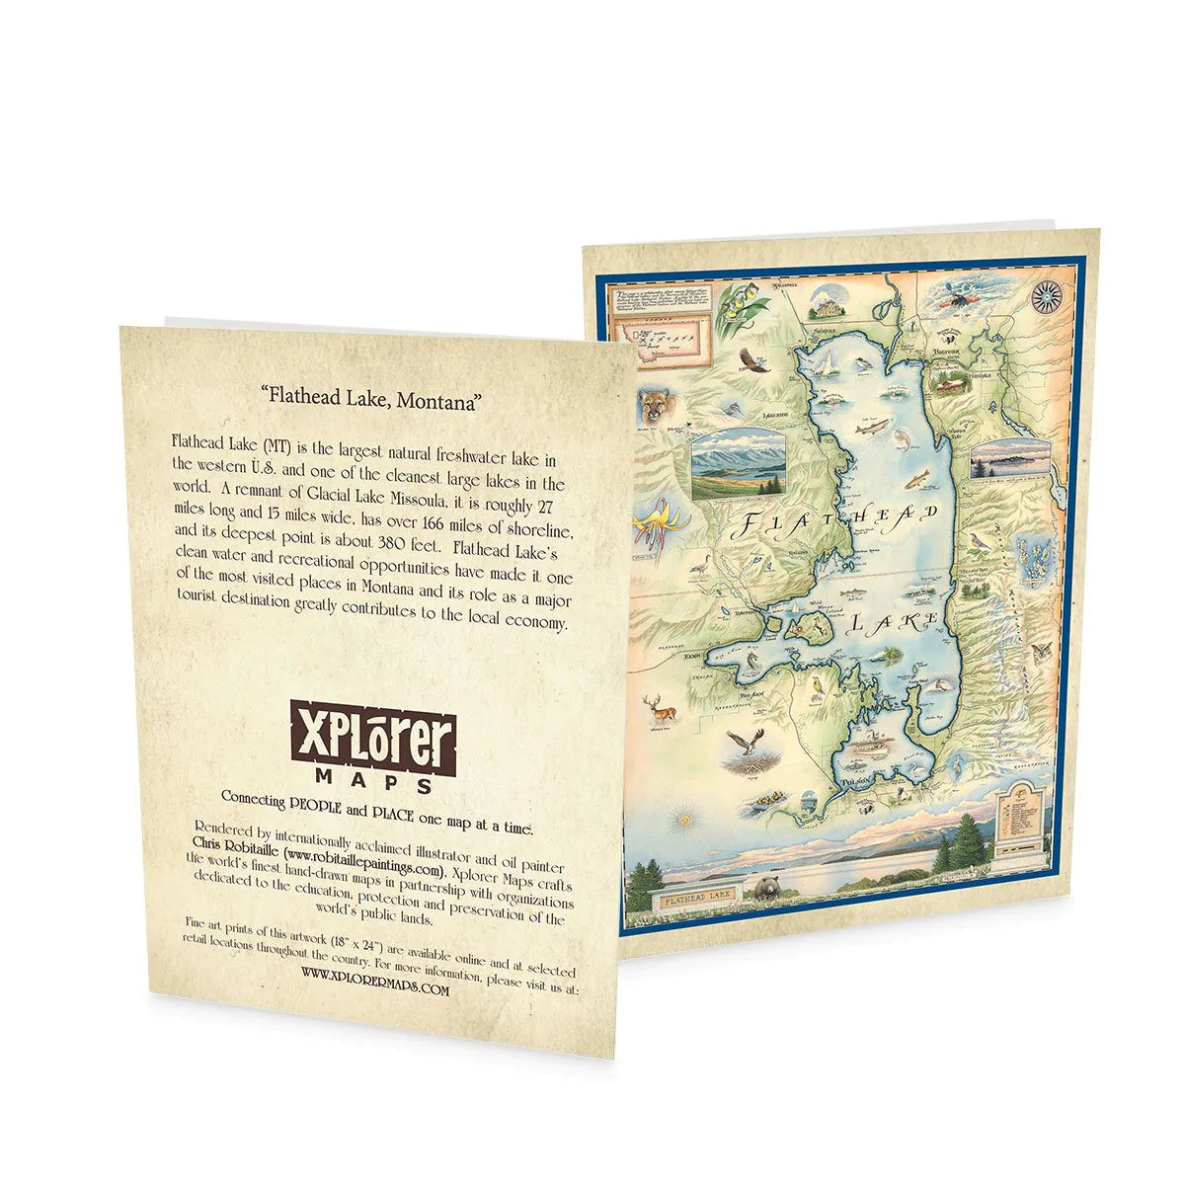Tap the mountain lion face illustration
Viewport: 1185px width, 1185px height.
coord(652,406)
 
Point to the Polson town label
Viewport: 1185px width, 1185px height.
coord(857,778)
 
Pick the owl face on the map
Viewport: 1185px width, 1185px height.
coord(1040,654)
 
